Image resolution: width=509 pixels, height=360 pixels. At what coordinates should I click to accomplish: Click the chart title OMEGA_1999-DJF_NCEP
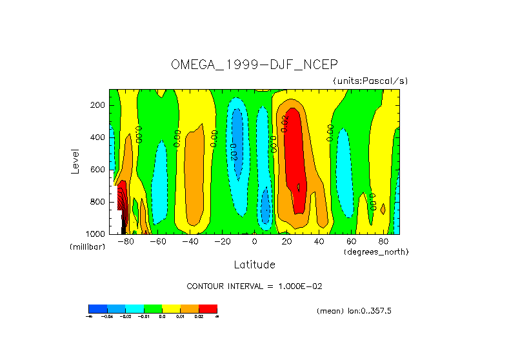(x=254, y=65)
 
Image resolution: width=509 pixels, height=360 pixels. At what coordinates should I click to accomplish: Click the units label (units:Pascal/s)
(x=370, y=81)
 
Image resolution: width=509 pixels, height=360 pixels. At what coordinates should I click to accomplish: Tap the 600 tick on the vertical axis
(x=98, y=170)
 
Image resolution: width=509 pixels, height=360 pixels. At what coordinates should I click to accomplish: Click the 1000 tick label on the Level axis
(x=96, y=234)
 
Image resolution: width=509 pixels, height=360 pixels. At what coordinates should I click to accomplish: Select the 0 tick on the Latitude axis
(x=254, y=241)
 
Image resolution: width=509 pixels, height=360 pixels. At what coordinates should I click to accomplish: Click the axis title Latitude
(x=254, y=265)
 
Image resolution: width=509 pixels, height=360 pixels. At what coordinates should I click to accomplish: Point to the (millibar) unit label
(x=87, y=247)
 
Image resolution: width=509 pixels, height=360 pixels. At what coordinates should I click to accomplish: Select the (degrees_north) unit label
(x=376, y=251)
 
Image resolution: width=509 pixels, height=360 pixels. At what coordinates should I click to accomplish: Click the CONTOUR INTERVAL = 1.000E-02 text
(x=254, y=286)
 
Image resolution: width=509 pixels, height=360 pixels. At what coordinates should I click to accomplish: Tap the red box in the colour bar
(x=208, y=308)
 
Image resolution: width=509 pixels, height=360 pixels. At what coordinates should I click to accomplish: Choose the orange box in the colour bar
(x=190, y=308)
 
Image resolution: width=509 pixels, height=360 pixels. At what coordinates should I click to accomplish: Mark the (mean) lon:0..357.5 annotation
(x=354, y=310)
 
